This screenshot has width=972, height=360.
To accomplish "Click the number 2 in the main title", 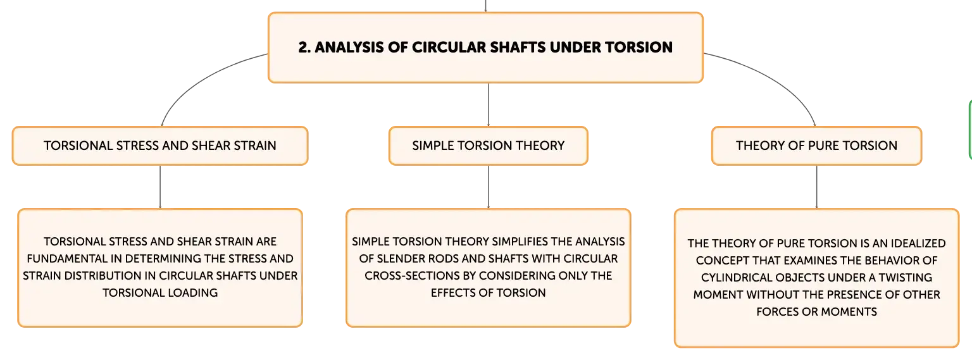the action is [x=304, y=47].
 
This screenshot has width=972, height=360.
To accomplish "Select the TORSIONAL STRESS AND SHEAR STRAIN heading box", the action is [x=160, y=146].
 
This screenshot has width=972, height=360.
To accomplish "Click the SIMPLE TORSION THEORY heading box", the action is [x=488, y=146].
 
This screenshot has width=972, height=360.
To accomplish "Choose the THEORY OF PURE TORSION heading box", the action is [x=817, y=146].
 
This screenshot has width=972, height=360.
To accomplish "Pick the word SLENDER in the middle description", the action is [x=401, y=259].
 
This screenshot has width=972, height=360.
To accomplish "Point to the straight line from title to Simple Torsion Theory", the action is [x=488, y=104].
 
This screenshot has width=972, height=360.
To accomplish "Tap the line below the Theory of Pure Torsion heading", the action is [x=817, y=187].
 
